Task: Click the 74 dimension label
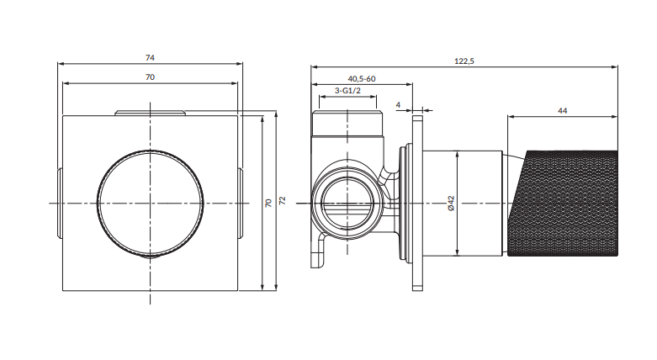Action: (x=150, y=58)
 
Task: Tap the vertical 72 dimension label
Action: (x=283, y=200)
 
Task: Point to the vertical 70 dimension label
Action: (x=268, y=203)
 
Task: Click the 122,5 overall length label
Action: (x=464, y=61)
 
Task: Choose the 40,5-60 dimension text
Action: (x=362, y=79)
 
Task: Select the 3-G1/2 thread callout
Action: (x=347, y=91)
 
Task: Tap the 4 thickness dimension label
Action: (x=398, y=105)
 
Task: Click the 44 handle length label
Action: (x=562, y=111)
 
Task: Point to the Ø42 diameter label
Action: (x=451, y=204)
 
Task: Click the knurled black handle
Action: (x=563, y=204)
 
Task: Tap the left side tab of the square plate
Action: (x=60, y=204)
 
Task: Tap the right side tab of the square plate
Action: (x=240, y=204)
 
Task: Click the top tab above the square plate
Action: (x=150, y=114)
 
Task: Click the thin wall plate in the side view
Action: (x=417, y=204)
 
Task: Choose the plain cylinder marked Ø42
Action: (x=463, y=204)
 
